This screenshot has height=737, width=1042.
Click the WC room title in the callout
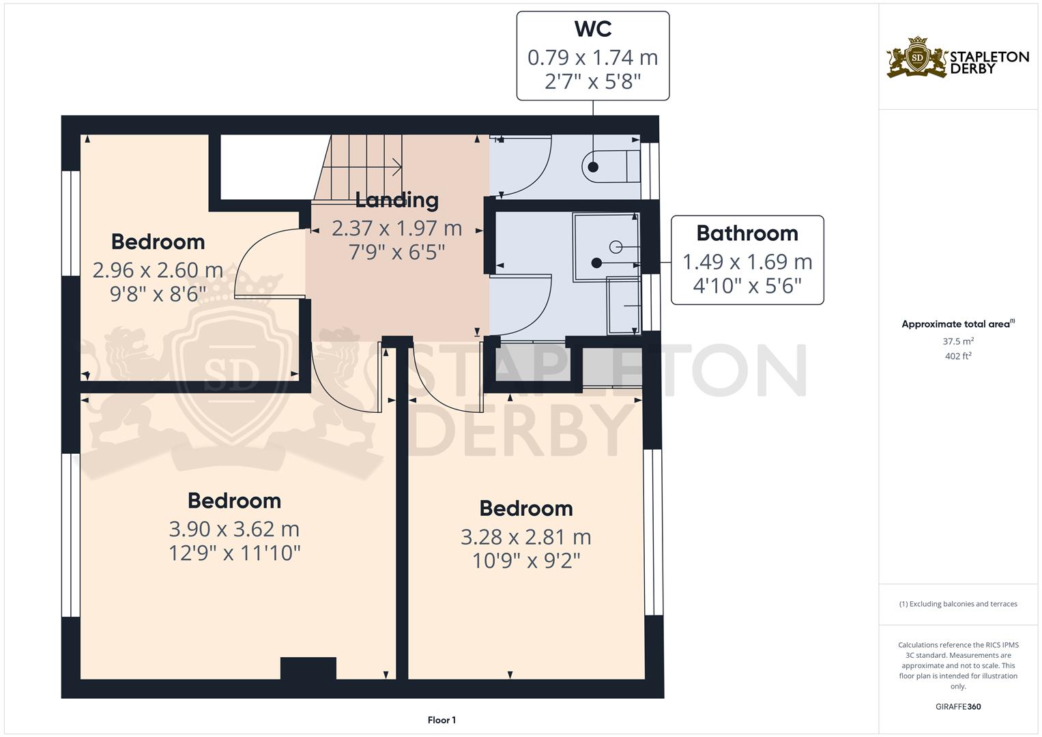pos(592,29)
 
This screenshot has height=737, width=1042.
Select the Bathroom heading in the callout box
pos(747,233)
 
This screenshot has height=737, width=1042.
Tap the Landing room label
pos(396,200)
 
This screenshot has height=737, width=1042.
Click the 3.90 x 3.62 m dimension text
pos(234,529)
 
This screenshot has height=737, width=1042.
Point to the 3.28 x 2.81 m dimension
pos(525,537)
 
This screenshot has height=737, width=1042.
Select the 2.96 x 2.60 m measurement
pos(158,270)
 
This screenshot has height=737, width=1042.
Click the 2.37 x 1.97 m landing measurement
pos(396,228)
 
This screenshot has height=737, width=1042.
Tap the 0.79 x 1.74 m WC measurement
pos(592,57)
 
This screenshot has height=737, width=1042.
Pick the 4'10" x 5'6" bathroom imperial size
pos(747,285)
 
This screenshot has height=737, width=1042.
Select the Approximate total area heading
pos(957,324)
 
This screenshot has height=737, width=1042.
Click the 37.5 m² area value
pos(958,341)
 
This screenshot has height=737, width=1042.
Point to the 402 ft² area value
pos(958,356)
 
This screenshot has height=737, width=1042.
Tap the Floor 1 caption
pos(442,720)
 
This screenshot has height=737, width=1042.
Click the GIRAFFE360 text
pos(958,706)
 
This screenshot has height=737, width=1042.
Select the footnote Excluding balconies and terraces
pos(958,604)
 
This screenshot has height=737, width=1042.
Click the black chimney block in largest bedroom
pos(308,668)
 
